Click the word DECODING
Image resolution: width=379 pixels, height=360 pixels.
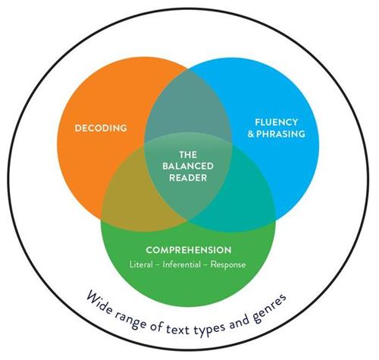101,128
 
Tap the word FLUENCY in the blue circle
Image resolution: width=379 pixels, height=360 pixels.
277,122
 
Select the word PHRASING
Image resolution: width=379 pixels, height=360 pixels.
280,133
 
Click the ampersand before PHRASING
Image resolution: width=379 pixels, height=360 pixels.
251,134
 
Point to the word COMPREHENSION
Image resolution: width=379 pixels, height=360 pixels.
189,250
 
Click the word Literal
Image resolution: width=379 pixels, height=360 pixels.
141,265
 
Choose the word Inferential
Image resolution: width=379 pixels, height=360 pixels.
181,265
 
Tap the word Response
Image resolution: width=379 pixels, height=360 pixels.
228,265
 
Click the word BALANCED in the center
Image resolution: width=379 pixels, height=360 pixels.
188,166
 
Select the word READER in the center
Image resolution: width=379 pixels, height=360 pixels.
188,178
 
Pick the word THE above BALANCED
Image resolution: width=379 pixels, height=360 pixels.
188,155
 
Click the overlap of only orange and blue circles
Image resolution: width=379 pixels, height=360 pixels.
188,106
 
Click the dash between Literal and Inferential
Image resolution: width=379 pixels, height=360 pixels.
158,265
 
